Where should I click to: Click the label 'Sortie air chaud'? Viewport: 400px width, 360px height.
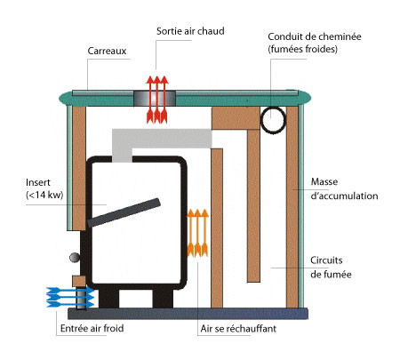click(190, 31)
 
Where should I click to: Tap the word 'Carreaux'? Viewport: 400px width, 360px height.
click(107, 51)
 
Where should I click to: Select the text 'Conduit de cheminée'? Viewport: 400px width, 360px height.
click(315, 36)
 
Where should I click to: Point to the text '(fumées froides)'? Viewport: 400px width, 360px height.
click(302, 49)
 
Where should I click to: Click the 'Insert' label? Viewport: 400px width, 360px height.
click(38, 182)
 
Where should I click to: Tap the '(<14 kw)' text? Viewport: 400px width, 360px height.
click(44, 195)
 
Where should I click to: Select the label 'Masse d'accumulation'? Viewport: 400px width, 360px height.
click(344, 188)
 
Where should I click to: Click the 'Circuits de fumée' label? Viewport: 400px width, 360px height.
click(331, 268)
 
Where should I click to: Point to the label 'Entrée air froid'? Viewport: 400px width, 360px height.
click(92, 328)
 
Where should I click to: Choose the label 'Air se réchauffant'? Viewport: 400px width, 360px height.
click(238, 328)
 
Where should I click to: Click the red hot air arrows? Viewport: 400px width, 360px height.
click(157, 100)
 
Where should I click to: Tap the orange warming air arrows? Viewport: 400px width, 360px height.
click(197, 233)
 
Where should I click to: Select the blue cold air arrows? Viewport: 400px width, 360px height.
click(70, 297)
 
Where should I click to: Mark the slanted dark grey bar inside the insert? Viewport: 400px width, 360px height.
click(124, 212)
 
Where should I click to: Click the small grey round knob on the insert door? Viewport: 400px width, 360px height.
click(75, 257)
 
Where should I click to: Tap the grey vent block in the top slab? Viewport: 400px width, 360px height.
click(155, 98)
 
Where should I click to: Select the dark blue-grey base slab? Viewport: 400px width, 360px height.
click(188, 314)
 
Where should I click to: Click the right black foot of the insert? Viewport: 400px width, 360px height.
click(163, 299)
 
